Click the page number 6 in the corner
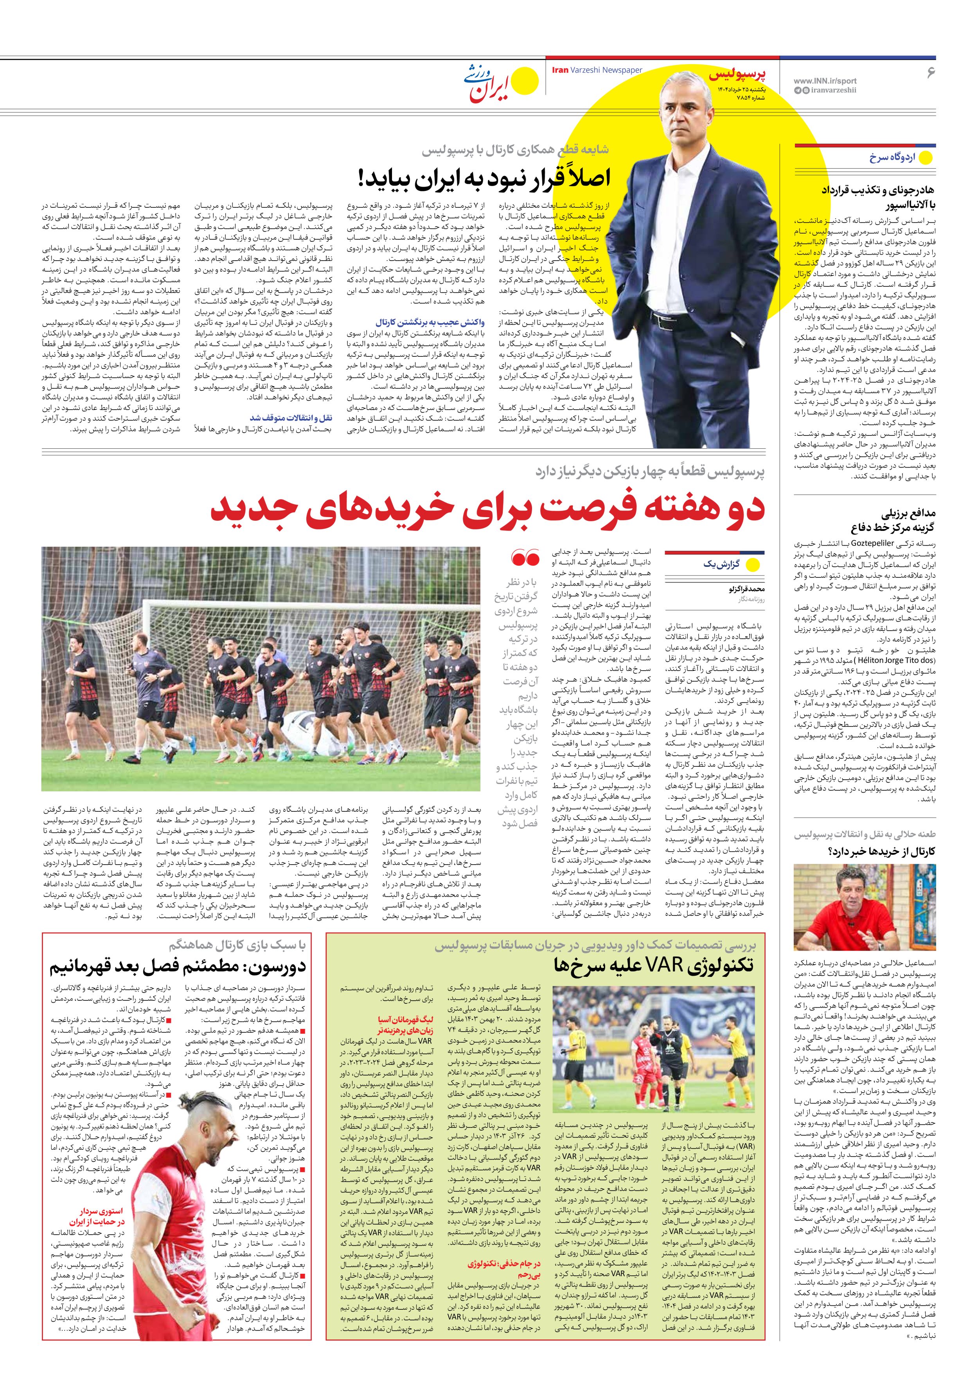(x=930, y=72)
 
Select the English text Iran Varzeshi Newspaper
(x=597, y=70)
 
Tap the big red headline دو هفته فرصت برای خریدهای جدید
(x=487, y=508)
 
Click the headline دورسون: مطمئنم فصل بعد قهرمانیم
(x=177, y=967)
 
